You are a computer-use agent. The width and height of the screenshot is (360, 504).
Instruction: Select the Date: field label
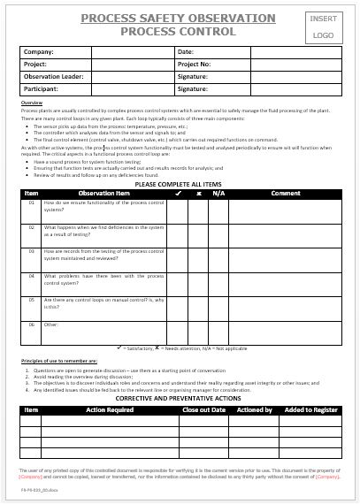click(x=186, y=52)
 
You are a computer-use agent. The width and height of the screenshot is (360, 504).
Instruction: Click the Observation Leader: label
click(x=53, y=77)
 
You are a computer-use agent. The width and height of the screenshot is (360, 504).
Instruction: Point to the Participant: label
click(x=42, y=89)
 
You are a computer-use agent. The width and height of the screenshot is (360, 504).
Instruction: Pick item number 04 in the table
click(x=31, y=276)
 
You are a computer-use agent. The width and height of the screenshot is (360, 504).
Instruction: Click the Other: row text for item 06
click(x=51, y=325)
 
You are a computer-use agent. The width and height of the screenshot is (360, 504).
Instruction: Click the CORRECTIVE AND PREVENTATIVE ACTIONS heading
click(x=180, y=399)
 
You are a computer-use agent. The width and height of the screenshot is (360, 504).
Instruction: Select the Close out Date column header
click(x=204, y=409)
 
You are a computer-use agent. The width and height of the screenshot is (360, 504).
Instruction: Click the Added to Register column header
click(x=310, y=409)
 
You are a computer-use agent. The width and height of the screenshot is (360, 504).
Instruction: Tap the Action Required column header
click(x=109, y=409)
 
